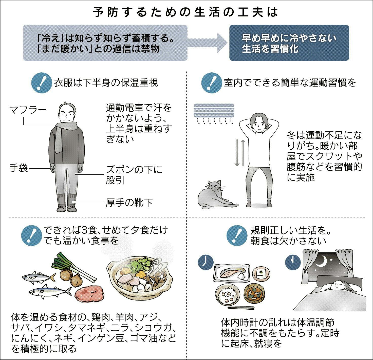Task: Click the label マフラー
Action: click(28, 110)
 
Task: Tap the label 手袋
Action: click(18, 168)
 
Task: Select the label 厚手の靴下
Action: click(129, 203)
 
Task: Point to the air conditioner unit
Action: click(214, 110)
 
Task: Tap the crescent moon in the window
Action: click(325, 262)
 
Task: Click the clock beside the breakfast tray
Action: click(206, 262)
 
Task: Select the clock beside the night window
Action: click(293, 262)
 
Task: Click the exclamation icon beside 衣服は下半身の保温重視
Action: click(42, 83)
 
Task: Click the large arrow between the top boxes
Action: click(207, 43)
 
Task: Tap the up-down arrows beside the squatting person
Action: click(240, 153)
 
